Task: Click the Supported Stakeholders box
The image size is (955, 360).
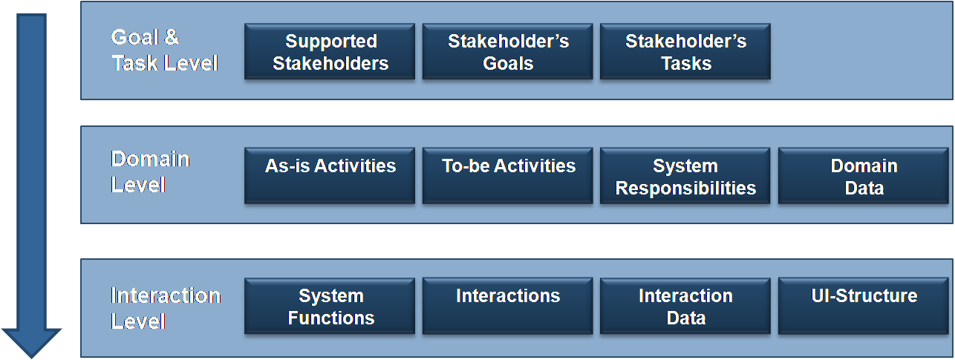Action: click(330, 51)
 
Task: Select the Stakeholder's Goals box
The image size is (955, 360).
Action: click(507, 51)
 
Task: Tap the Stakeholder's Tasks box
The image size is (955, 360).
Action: click(685, 51)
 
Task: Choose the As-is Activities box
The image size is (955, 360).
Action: click(330, 175)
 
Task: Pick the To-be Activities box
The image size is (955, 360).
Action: click(507, 175)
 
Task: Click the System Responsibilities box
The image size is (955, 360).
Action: click(685, 175)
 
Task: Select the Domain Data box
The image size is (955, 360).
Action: click(864, 175)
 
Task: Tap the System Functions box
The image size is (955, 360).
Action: click(330, 306)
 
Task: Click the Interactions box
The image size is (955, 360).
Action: click(507, 306)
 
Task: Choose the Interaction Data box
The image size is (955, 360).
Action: click(685, 306)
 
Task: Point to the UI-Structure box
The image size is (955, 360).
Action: click(864, 306)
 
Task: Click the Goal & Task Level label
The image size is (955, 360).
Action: click(165, 50)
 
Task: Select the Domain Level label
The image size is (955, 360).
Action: click(150, 171)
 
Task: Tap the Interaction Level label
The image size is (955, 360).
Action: click(166, 308)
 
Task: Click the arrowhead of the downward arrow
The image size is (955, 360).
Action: click(31, 344)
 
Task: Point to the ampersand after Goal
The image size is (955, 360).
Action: click(172, 37)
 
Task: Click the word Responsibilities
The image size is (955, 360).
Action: click(685, 189)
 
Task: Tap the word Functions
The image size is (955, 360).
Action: click(331, 318)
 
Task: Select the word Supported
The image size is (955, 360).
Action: click(331, 42)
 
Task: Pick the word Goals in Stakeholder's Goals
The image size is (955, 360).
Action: click(508, 64)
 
